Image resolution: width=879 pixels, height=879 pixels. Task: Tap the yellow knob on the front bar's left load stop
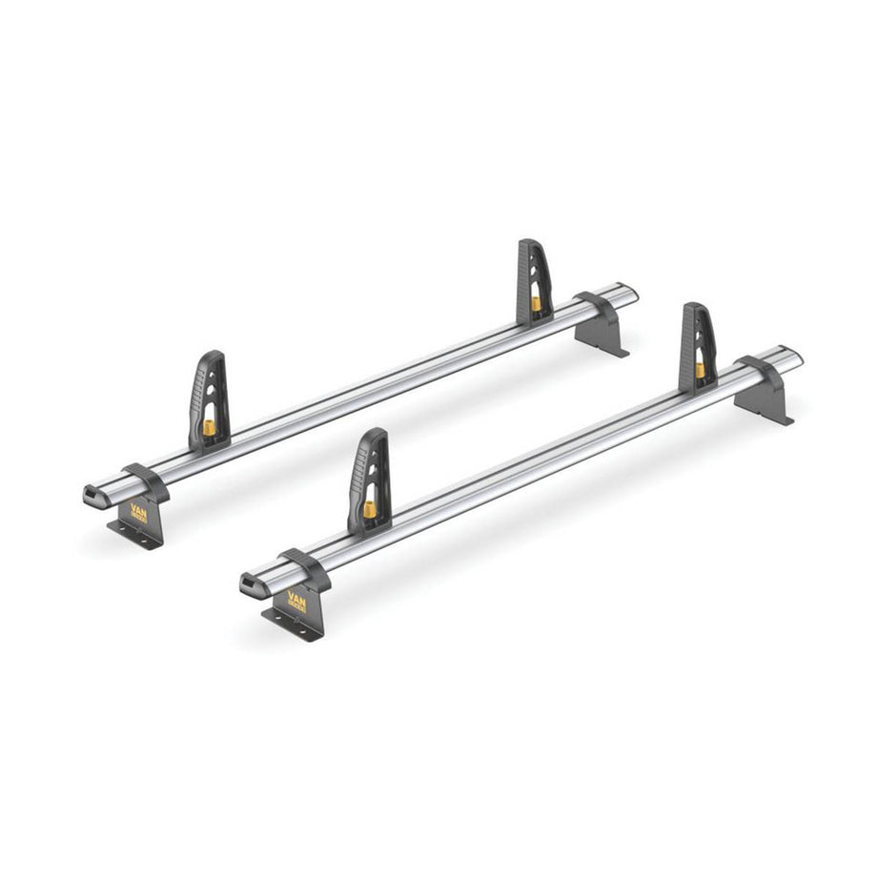pyautogui.click(x=370, y=508)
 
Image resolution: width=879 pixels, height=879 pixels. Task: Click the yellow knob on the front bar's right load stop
pyautogui.click(x=702, y=369)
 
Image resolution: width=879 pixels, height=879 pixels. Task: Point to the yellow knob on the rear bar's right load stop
pyautogui.click(x=536, y=303)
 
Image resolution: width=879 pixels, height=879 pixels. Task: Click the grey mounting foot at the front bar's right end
pyautogui.click(x=768, y=392)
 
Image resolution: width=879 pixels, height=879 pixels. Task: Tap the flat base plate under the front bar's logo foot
pyautogui.click(x=294, y=630)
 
